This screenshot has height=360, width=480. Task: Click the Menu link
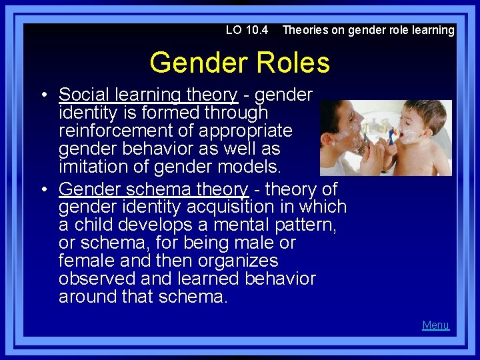coord(435,325)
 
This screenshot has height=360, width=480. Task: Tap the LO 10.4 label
coord(247,30)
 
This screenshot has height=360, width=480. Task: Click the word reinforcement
coord(115,131)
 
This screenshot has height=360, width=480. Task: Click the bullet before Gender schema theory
coord(43,190)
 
